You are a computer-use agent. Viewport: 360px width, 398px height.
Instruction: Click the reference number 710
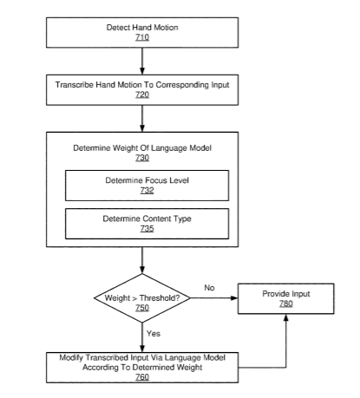tap(142, 37)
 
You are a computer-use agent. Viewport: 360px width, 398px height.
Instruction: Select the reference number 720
tap(142, 95)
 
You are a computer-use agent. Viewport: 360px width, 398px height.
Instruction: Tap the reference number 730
tap(142, 158)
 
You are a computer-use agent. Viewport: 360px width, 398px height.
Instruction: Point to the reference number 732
tap(147, 190)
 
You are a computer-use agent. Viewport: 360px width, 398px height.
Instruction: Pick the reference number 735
tap(147, 229)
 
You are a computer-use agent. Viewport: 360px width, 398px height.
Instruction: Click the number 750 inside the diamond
tap(142, 308)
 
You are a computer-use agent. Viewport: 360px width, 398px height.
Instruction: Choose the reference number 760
tap(142, 377)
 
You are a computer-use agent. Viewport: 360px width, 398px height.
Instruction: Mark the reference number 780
tap(286, 303)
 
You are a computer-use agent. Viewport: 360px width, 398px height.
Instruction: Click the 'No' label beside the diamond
tap(209, 288)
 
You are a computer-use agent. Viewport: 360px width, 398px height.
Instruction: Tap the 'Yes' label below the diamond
tap(154, 334)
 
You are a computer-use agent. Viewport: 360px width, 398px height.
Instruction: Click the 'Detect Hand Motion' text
tap(142, 28)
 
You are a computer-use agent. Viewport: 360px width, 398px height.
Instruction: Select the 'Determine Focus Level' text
tap(147, 180)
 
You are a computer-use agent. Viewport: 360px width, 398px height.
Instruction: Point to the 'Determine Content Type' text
tap(147, 219)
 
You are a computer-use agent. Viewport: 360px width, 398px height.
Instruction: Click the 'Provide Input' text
tap(286, 294)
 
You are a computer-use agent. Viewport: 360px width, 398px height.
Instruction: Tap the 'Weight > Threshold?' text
tap(142, 298)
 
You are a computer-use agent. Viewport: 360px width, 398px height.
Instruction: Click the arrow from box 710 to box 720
tap(142, 62)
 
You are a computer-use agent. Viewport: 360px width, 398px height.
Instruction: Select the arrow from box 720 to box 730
tap(142, 119)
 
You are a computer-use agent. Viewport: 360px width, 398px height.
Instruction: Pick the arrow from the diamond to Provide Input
tap(214, 298)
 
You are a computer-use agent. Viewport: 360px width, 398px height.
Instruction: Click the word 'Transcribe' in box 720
tap(75, 85)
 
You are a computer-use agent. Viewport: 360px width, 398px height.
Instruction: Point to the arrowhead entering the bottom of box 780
tap(286, 317)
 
